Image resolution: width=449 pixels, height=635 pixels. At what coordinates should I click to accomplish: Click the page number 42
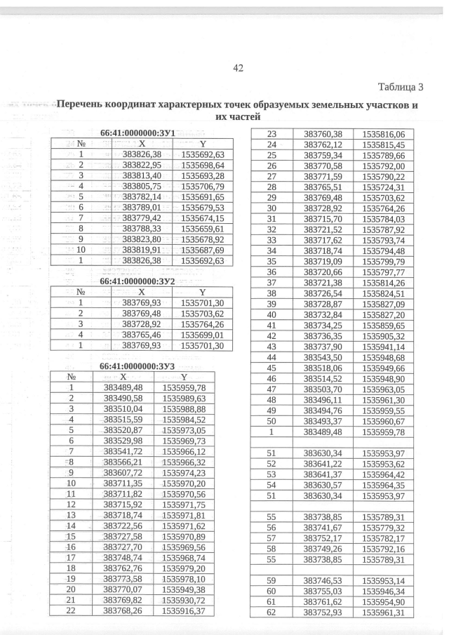click(237, 68)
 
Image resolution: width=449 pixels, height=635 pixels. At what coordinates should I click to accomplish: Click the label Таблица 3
click(401, 88)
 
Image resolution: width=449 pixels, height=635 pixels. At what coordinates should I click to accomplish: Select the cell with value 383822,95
click(142, 165)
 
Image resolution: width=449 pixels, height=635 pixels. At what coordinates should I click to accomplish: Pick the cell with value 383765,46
click(142, 335)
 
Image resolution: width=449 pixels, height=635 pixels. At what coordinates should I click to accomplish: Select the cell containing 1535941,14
click(384, 346)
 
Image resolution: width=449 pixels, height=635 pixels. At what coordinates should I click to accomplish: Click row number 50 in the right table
click(271, 420)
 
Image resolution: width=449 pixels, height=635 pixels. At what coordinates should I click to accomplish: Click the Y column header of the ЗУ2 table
click(202, 292)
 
